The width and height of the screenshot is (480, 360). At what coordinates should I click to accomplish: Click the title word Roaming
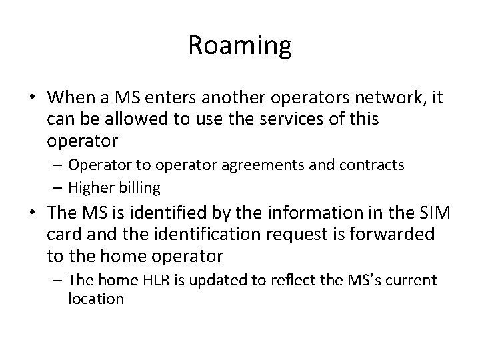(240, 45)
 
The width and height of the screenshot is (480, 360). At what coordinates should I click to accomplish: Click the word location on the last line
(96, 298)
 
